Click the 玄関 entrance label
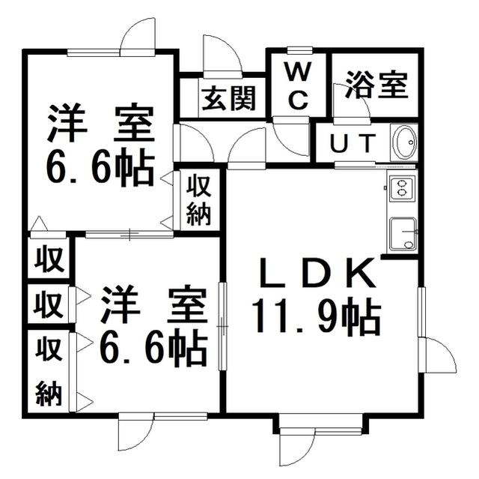tap(229, 98)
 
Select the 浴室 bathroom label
tap(376, 85)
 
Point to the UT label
tap(353, 143)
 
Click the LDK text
tap(317, 274)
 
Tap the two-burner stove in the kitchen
tap(400, 188)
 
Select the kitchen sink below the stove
tap(403, 233)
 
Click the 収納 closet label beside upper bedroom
tap(199, 201)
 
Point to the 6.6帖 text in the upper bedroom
tap(100, 167)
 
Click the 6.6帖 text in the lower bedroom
tap(152, 349)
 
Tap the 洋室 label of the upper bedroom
tap(100, 124)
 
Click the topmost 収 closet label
tap(49, 259)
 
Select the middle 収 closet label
tap(49, 304)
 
